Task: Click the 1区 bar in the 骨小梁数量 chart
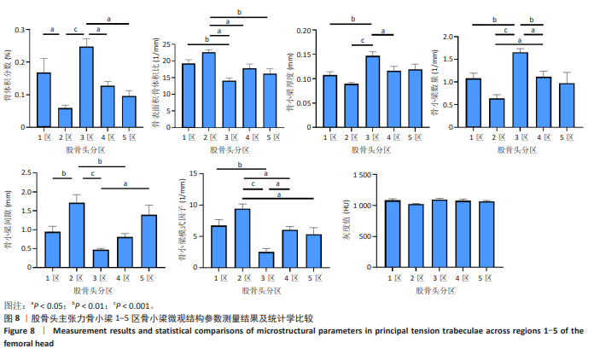(474, 102)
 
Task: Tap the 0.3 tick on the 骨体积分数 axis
(20, 31)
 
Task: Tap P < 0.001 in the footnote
(137, 305)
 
